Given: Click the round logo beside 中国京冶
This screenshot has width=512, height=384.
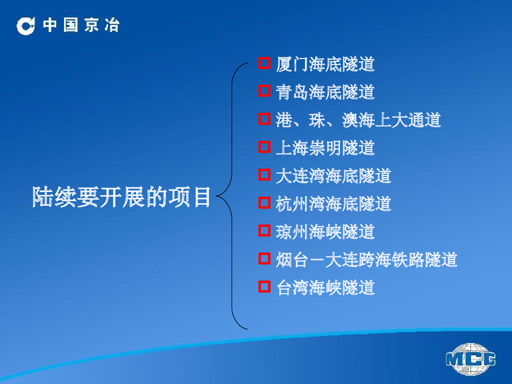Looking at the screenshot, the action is (26, 26).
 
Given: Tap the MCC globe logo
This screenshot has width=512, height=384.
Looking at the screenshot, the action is (470, 359).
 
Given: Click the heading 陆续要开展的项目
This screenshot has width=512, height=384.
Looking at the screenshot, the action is (121, 197).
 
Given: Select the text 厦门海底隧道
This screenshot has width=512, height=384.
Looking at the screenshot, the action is (325, 64).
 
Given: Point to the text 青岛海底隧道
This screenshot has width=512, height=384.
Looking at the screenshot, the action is (325, 92).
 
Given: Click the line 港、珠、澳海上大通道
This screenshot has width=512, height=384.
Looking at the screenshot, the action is (358, 120).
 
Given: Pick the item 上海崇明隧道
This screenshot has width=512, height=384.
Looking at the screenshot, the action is (325, 148).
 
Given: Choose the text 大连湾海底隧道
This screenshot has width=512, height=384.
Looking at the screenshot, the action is (333, 176).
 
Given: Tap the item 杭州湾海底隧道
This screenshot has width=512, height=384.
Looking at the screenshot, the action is (333, 204).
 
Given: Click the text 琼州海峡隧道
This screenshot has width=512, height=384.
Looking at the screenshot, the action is (325, 232).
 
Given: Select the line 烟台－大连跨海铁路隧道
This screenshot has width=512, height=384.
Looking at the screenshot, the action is (366, 260).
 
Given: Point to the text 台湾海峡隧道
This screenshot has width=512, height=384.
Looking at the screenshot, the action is (325, 288).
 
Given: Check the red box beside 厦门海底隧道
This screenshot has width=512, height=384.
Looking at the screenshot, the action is (264, 63).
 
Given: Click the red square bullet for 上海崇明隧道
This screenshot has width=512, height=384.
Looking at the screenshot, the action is (264, 147).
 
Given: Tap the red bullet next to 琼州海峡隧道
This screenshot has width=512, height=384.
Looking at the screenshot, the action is (264, 231).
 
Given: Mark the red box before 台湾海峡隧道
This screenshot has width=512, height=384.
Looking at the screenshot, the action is (264, 287).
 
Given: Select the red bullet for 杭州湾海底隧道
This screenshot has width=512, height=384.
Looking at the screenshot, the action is (264, 203).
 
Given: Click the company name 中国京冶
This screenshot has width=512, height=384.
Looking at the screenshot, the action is (81, 25).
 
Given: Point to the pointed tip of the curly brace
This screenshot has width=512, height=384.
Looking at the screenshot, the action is (216, 196).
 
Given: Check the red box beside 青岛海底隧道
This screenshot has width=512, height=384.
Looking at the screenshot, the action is (264, 91).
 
